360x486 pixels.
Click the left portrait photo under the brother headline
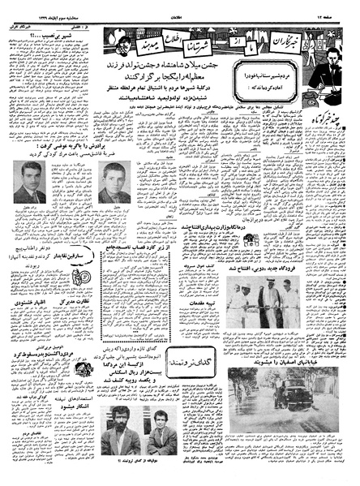(x=30, y=183)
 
